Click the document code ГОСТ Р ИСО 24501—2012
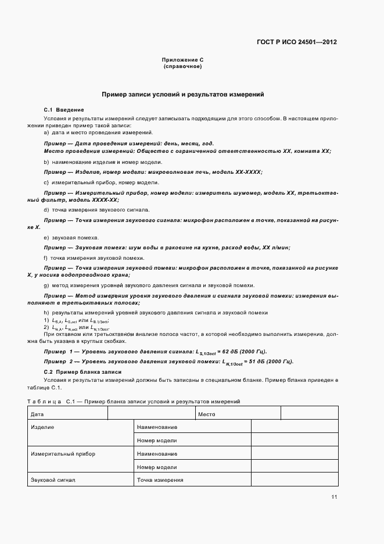click(297, 42)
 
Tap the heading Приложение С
click(182, 60)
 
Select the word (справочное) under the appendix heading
click(182, 67)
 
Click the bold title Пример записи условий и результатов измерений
click(182, 94)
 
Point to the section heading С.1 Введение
click(64, 110)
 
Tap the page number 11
click(334, 497)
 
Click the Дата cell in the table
click(37, 414)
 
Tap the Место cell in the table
click(207, 414)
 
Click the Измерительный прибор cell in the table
click(63, 453)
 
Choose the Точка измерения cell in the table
click(160, 480)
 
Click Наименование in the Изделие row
click(157, 427)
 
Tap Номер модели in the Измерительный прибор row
click(157, 467)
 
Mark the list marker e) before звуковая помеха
click(46, 238)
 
